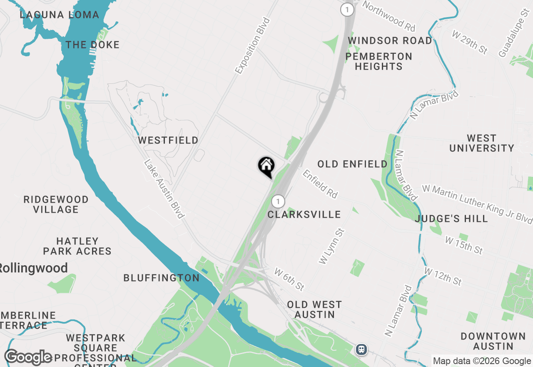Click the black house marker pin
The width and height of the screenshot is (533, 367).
266,166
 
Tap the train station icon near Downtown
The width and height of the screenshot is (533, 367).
361,349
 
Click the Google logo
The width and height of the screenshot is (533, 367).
28,357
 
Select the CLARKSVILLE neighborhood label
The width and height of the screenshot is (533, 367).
304,214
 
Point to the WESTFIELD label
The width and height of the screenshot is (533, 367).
168,141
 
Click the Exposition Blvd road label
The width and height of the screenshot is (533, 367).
253,46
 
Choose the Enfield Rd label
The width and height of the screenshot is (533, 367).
320,183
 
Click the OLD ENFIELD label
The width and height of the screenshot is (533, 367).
353,164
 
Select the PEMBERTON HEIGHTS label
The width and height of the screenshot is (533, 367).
379,61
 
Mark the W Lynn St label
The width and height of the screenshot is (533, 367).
331,246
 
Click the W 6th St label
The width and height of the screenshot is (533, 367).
289,279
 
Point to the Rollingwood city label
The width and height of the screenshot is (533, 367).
33,268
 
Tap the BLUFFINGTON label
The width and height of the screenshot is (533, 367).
162,278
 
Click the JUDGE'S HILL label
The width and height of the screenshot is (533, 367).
451,219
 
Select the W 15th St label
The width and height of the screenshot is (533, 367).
463,245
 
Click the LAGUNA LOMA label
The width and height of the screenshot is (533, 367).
60,15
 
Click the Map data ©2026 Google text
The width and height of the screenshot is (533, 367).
482,361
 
